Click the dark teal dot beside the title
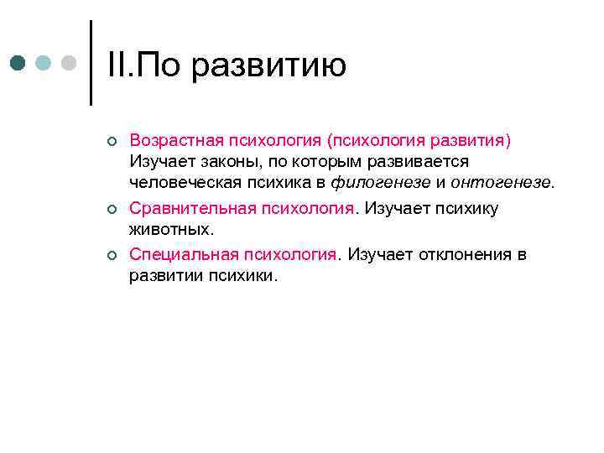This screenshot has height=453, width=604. pyautogui.click(x=19, y=64)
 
